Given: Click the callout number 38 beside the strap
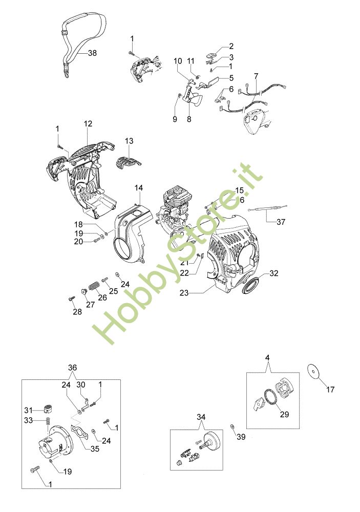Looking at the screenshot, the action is [x=93, y=53].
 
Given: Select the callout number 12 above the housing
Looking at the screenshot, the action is [x=88, y=124].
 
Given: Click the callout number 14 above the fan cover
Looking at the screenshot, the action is [x=138, y=188].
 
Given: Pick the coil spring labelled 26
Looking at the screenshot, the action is [x=94, y=286].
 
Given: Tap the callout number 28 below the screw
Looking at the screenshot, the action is [x=77, y=312].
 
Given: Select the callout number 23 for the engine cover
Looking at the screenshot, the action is [x=184, y=293].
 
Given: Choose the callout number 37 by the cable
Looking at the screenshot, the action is [x=281, y=222].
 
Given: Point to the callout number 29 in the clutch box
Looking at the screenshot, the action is [x=285, y=414].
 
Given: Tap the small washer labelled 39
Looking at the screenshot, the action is [x=232, y=426].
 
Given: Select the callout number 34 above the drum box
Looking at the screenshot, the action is [x=201, y=417].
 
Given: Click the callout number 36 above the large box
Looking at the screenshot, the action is [x=73, y=368].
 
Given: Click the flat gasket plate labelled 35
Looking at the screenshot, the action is [x=79, y=431].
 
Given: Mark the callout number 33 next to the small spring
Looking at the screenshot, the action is [x=29, y=420].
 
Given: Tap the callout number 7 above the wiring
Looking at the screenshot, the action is [x=256, y=76].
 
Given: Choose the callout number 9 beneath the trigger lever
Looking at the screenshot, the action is [x=175, y=119].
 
